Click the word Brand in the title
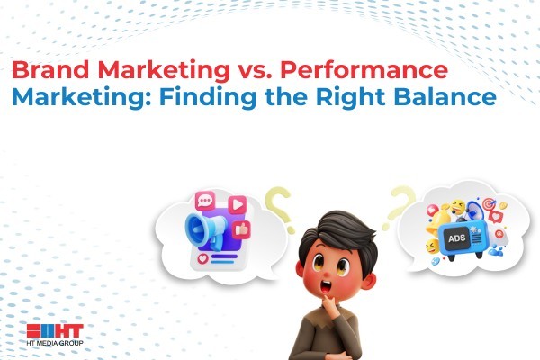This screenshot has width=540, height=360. click(x=50, y=69)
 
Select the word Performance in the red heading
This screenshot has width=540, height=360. click(x=364, y=70)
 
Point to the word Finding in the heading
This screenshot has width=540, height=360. click(x=208, y=98)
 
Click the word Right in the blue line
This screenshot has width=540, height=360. click(x=350, y=98)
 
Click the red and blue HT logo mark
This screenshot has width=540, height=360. click(x=55, y=331)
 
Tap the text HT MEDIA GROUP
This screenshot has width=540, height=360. click(x=55, y=343)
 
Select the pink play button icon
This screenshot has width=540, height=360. click(x=238, y=204)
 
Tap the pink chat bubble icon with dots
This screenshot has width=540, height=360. click(x=205, y=201)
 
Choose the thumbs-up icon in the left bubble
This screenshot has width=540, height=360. click(x=241, y=229)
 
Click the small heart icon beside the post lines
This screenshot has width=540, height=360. click(x=202, y=258)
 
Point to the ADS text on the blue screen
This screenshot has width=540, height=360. click(x=457, y=238)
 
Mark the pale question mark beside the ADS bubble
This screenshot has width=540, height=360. click(x=400, y=206)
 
